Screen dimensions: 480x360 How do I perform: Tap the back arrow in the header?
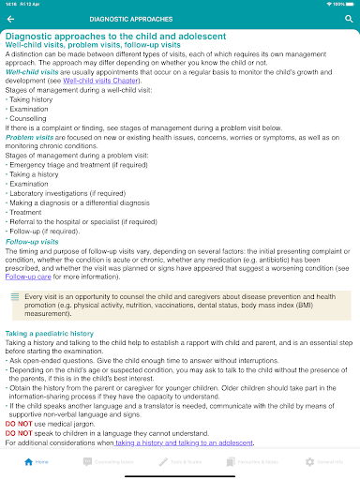click(10, 18)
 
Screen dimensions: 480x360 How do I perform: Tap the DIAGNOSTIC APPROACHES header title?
click(131, 18)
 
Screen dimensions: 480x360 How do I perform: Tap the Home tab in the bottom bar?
click(37, 462)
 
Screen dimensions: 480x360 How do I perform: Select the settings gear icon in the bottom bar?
click(310, 462)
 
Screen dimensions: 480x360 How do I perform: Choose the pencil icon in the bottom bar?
click(164, 462)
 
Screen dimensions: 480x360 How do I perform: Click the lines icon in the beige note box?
click(15, 295)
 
